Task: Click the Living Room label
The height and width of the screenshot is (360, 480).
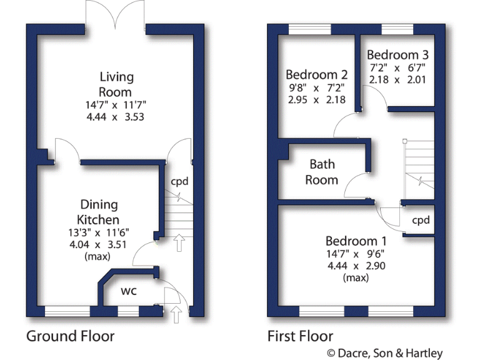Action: click(x=116, y=84)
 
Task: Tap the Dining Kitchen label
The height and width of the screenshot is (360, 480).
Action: click(x=98, y=212)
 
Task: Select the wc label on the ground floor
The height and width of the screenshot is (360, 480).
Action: click(x=129, y=291)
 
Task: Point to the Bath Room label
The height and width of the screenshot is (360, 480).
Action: click(x=323, y=172)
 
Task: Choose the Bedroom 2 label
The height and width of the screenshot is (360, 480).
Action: click(x=316, y=73)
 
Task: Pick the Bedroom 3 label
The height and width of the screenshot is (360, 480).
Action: click(x=398, y=54)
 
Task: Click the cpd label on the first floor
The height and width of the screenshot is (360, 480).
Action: click(x=421, y=220)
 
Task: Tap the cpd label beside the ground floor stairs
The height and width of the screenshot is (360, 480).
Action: click(x=180, y=182)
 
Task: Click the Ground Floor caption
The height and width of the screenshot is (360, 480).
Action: click(x=70, y=336)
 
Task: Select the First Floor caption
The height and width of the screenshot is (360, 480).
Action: click(x=300, y=336)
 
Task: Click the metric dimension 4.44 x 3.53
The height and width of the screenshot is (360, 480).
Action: click(x=116, y=116)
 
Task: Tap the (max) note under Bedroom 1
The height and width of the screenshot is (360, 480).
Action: click(x=356, y=277)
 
